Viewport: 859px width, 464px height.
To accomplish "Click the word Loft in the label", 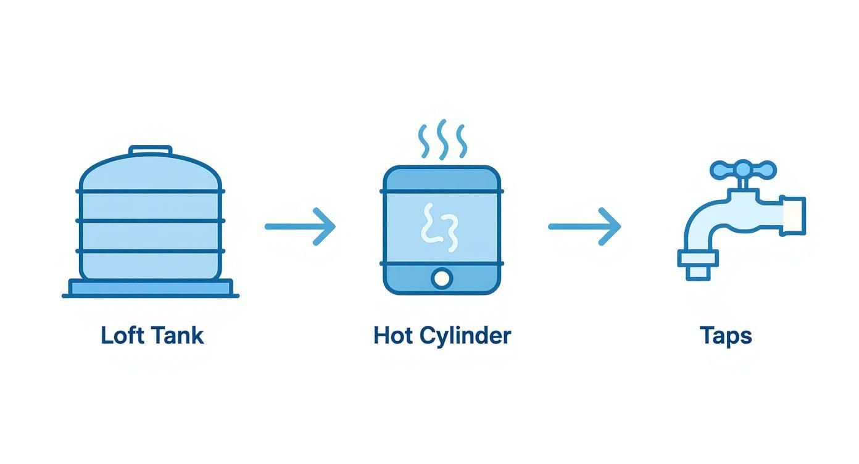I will (x=122, y=336).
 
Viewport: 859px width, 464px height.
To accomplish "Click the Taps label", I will (x=726, y=336).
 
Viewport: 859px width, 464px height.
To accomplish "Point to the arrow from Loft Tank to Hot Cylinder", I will (x=300, y=227).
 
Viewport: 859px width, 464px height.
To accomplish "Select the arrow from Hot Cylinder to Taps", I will (x=584, y=227).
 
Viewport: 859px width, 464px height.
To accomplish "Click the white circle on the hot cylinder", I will (x=442, y=278).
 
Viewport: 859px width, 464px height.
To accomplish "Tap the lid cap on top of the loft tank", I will (x=150, y=151).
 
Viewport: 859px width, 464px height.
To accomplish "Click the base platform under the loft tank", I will (x=151, y=288).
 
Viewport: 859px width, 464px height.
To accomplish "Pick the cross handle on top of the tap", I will (x=742, y=170).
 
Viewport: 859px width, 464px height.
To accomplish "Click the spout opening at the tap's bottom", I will (x=698, y=270).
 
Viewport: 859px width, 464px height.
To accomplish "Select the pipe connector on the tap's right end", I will (x=793, y=215).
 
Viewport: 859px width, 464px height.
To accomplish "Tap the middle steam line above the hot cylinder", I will (x=442, y=139).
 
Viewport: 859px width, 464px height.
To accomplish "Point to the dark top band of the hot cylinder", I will (x=442, y=178).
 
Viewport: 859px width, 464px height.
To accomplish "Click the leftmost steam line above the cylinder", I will (x=423, y=142).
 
